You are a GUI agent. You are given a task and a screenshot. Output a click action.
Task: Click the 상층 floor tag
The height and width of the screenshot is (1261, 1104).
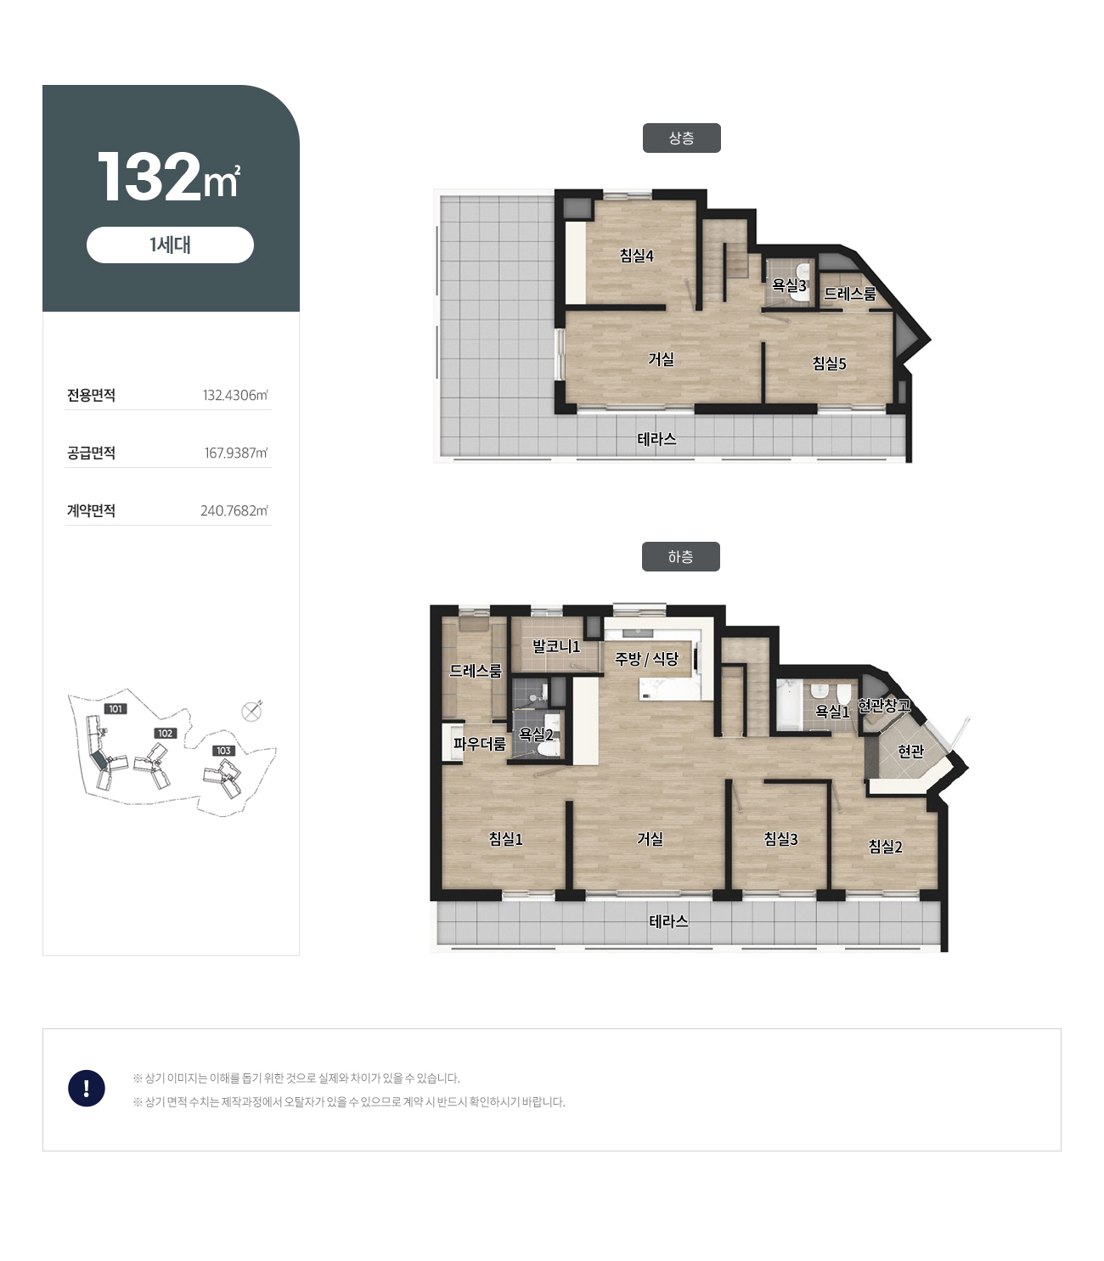[x=681, y=138]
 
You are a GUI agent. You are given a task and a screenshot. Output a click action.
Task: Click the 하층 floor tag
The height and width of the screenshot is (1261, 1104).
[x=680, y=556]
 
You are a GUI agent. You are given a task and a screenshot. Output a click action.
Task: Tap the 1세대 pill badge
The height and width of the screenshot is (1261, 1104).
[x=170, y=245]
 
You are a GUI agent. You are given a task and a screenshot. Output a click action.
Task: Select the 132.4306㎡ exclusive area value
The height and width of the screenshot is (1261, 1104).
[x=235, y=395]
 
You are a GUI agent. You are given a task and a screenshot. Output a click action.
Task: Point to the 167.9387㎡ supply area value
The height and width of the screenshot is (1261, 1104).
[x=236, y=453]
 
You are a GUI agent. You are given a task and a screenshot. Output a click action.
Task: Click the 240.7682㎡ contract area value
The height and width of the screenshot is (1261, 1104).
[x=234, y=510]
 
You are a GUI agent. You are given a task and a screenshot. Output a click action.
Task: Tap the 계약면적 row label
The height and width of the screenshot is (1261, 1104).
[x=91, y=510]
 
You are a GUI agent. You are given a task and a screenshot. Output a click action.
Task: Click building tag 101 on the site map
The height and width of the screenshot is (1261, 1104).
[x=115, y=709]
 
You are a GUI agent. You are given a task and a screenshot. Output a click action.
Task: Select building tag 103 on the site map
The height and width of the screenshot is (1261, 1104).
[x=223, y=751]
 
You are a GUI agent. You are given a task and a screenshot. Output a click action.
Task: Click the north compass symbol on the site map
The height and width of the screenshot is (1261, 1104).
[x=251, y=712]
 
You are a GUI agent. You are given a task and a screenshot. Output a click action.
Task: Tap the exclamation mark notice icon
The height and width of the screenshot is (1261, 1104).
[x=87, y=1088]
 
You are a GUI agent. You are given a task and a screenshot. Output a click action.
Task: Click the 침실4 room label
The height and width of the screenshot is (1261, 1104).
[x=636, y=255]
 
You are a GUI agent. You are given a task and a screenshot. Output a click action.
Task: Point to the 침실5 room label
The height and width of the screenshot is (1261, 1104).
[x=829, y=363]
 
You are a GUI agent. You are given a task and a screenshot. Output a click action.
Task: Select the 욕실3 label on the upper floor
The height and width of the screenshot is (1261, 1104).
[x=789, y=285]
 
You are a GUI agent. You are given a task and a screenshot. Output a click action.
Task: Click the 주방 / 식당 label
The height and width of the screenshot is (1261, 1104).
[x=646, y=659]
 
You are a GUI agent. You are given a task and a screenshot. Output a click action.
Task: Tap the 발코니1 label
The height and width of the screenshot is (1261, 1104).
[x=556, y=646]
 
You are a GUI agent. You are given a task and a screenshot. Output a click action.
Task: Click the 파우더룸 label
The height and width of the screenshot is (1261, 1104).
[x=480, y=743]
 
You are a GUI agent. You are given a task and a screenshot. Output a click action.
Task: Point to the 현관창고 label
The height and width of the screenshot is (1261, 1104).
[x=884, y=705]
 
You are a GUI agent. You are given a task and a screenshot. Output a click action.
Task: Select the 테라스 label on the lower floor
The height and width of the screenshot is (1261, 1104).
[x=668, y=920]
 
